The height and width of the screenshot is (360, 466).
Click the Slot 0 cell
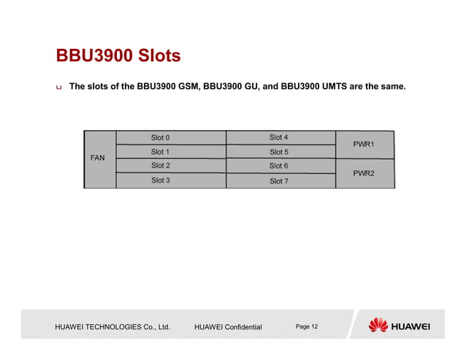pyautogui.click(x=171, y=138)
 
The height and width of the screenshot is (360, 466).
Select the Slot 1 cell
pyautogui.click(x=171, y=152)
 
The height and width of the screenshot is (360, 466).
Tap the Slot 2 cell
pyautogui.click(x=171, y=166)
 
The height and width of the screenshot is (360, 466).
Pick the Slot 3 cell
pyautogui.click(x=171, y=180)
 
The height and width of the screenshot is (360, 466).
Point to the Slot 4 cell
pyautogui.click(x=280, y=137)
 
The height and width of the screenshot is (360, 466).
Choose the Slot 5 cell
pyautogui.click(x=280, y=152)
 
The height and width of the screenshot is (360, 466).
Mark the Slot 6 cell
pyautogui.click(x=280, y=166)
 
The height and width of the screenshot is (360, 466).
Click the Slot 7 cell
pyautogui.click(x=280, y=181)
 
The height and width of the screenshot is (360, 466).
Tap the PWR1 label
pyautogui.click(x=364, y=145)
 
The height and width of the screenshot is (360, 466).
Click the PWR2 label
pyautogui.click(x=364, y=174)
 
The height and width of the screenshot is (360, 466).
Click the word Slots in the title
pyautogui.click(x=155, y=56)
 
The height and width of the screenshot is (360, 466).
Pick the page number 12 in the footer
pyautogui.click(x=314, y=326)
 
